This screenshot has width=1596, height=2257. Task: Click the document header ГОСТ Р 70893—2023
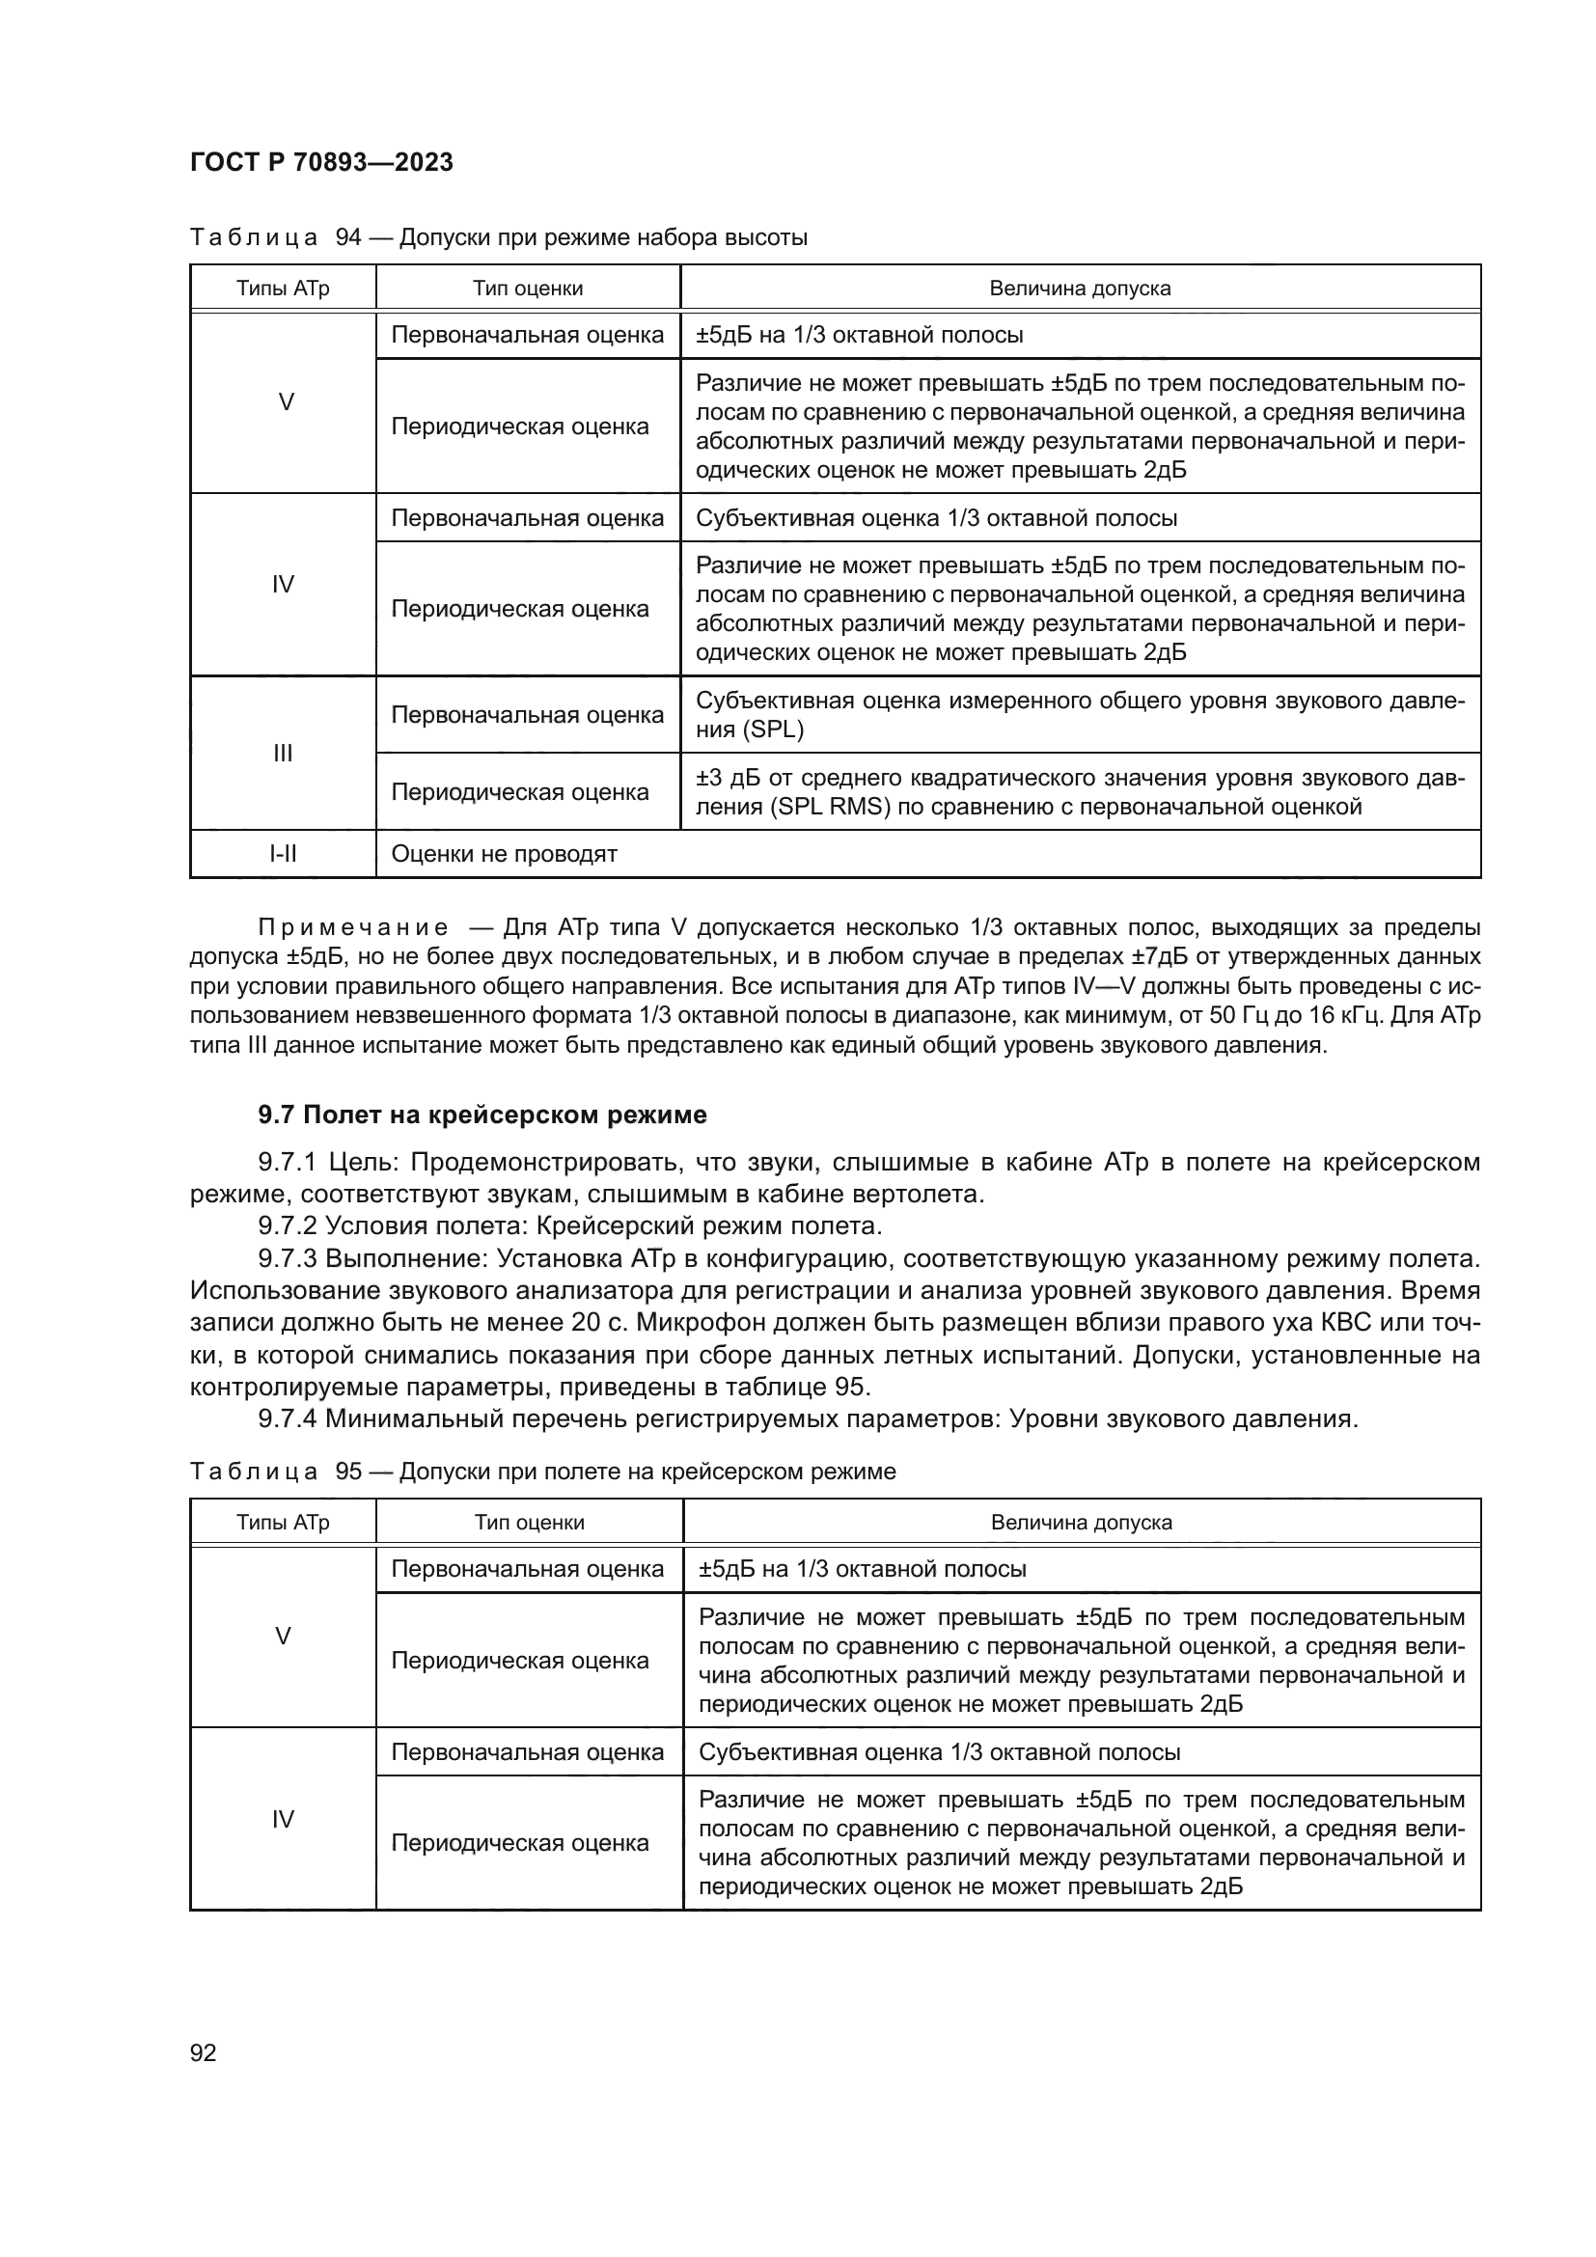point(321,162)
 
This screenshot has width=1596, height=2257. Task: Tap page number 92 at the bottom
point(204,2052)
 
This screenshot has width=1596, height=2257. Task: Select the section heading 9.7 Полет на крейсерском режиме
point(482,1115)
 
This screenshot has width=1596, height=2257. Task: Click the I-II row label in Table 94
point(283,853)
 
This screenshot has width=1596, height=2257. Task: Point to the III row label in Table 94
point(283,753)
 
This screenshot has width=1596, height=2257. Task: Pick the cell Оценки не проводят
point(504,853)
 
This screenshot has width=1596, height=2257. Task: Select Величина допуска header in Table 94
point(1079,288)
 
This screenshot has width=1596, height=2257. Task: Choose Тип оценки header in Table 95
point(529,1523)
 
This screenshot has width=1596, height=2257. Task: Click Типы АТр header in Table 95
point(283,1523)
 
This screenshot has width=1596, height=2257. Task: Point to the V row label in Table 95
point(283,1637)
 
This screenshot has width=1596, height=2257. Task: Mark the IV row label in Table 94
point(283,585)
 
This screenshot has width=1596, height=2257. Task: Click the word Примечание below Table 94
point(353,927)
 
